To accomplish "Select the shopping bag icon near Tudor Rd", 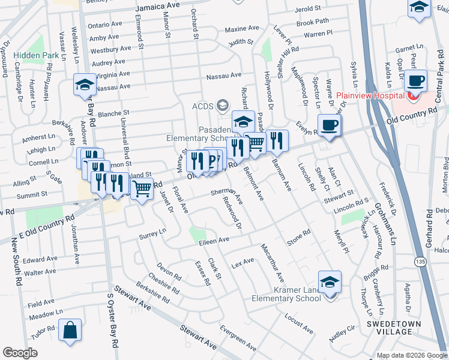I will pyautogui.click(x=70, y=331).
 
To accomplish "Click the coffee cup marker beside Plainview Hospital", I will pyautogui.click(x=416, y=80).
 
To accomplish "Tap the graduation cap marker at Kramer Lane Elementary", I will pyautogui.click(x=330, y=282).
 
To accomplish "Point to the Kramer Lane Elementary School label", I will pyautogui.click(x=290, y=294).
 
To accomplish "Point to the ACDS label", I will pyautogui.click(x=202, y=106).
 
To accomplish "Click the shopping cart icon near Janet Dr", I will pyautogui.click(x=142, y=189).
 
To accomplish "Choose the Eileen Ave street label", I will pyautogui.click(x=215, y=240).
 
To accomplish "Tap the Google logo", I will pyautogui.click(x=20, y=352).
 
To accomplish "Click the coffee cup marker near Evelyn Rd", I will pyautogui.click(x=329, y=125).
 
